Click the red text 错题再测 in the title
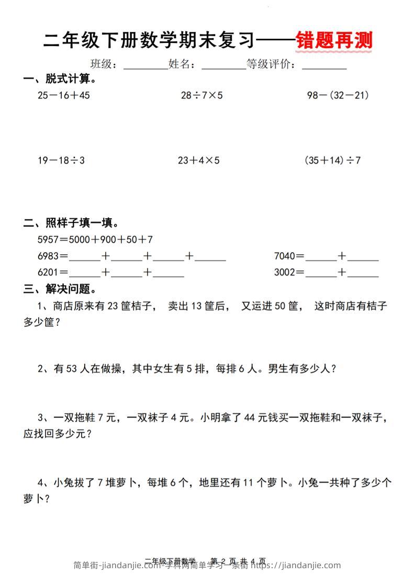333,40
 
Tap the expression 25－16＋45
64,95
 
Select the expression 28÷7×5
201,95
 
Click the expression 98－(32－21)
338,95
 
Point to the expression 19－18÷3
61,161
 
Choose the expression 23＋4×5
198,161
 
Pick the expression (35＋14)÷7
332,161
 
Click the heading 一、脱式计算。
60,80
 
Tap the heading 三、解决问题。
60,288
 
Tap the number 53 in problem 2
72,369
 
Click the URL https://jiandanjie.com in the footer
298,565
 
